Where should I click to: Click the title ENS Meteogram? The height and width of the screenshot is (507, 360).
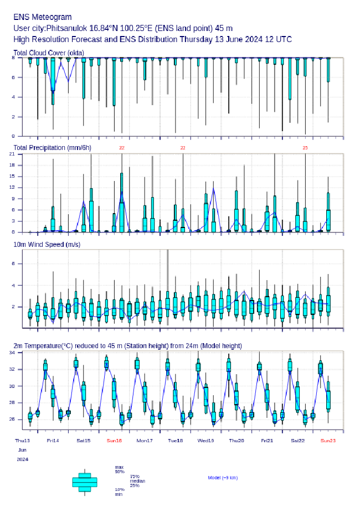coord(42,17)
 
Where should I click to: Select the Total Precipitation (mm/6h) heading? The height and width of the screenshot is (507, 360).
coord(52,147)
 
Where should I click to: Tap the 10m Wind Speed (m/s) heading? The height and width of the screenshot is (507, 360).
coord(47,244)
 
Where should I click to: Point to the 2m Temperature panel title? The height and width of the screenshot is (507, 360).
coord(127,346)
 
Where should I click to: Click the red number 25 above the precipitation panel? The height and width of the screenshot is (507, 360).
coord(305,148)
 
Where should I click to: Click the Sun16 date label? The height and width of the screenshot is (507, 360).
coord(114,441)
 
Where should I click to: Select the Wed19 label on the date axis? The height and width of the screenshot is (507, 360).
coord(205,441)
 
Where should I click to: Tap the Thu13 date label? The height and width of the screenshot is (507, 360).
coord(22,441)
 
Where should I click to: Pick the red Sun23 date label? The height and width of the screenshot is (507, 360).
coord(328,441)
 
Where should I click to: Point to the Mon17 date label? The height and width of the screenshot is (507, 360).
coord(145,441)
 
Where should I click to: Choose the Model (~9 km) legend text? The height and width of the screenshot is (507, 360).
coord(223,477)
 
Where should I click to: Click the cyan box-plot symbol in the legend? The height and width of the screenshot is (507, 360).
coord(85,482)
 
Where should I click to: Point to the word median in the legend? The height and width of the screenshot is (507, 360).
coord(137,481)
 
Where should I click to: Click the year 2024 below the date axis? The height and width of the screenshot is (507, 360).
coord(22,459)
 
